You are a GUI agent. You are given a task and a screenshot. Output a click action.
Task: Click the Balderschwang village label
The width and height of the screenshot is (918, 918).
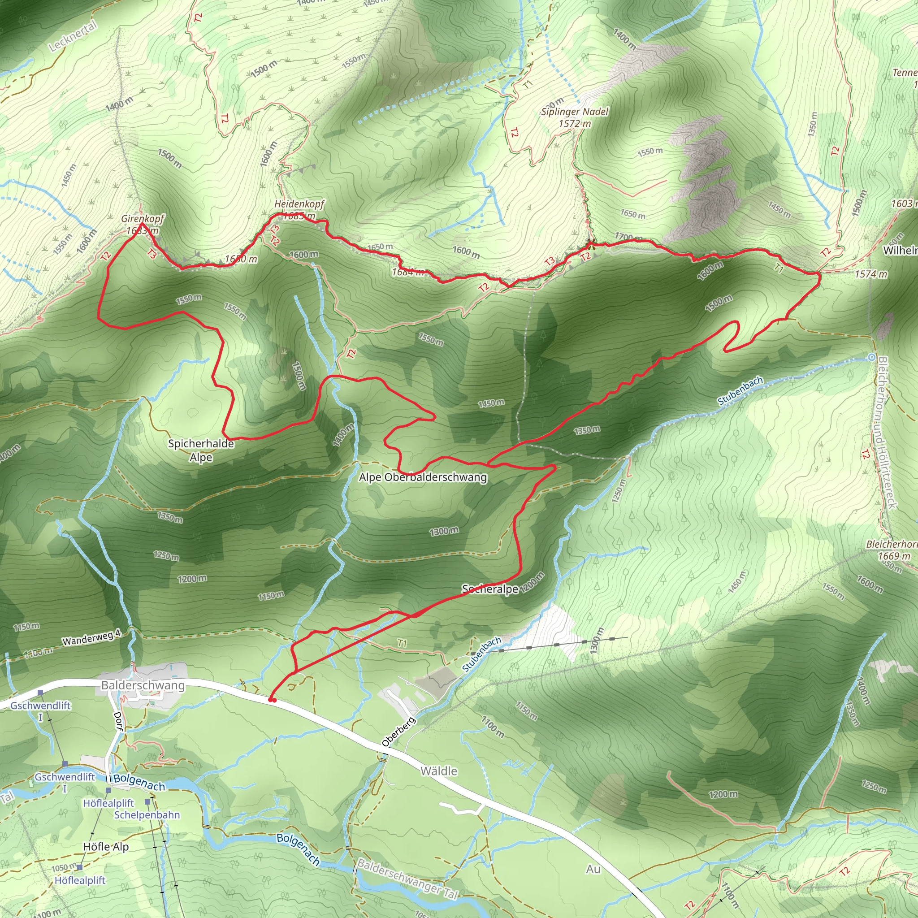pyautogui.click(x=143, y=685)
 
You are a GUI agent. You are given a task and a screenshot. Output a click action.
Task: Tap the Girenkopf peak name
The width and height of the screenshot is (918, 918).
pyautogui.click(x=143, y=219)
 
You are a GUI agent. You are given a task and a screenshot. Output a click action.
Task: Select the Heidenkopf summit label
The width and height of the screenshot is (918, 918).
pyautogui.click(x=299, y=204)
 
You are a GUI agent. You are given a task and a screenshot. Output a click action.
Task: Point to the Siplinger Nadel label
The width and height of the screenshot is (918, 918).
pyautogui.click(x=575, y=112)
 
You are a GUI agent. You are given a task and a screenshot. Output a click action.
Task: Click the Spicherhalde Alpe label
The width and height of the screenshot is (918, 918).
pyautogui.click(x=201, y=450)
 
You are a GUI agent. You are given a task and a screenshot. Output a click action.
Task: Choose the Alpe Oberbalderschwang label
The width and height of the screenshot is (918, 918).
pyautogui.click(x=423, y=477)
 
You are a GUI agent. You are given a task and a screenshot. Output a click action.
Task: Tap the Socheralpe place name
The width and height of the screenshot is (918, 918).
pyautogui.click(x=490, y=589)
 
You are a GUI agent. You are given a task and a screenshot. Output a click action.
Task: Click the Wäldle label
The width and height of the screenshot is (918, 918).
pyautogui.click(x=438, y=771)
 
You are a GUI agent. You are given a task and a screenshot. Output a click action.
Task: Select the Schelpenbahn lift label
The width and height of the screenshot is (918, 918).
pyautogui.click(x=147, y=815)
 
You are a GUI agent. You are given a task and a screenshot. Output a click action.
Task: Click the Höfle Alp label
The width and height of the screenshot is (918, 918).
pyautogui.click(x=105, y=847)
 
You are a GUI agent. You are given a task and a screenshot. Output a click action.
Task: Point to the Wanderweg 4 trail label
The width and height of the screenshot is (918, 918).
pyautogui.click(x=92, y=638)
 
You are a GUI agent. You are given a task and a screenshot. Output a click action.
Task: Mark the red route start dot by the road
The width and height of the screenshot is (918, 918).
pyautogui.click(x=272, y=700)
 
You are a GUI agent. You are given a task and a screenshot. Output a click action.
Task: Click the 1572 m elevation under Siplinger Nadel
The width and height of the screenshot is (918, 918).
pyautogui.click(x=575, y=124)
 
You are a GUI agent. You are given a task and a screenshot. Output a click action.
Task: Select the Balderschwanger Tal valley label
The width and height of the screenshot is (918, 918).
pyautogui.click(x=408, y=879)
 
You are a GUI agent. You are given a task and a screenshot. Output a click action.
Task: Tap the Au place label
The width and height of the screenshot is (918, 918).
pyautogui.click(x=593, y=869)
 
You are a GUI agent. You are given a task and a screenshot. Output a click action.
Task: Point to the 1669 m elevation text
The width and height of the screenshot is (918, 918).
pyautogui.click(x=894, y=556)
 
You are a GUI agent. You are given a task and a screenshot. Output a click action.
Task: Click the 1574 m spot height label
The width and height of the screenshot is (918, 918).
pyautogui.click(x=870, y=274)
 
